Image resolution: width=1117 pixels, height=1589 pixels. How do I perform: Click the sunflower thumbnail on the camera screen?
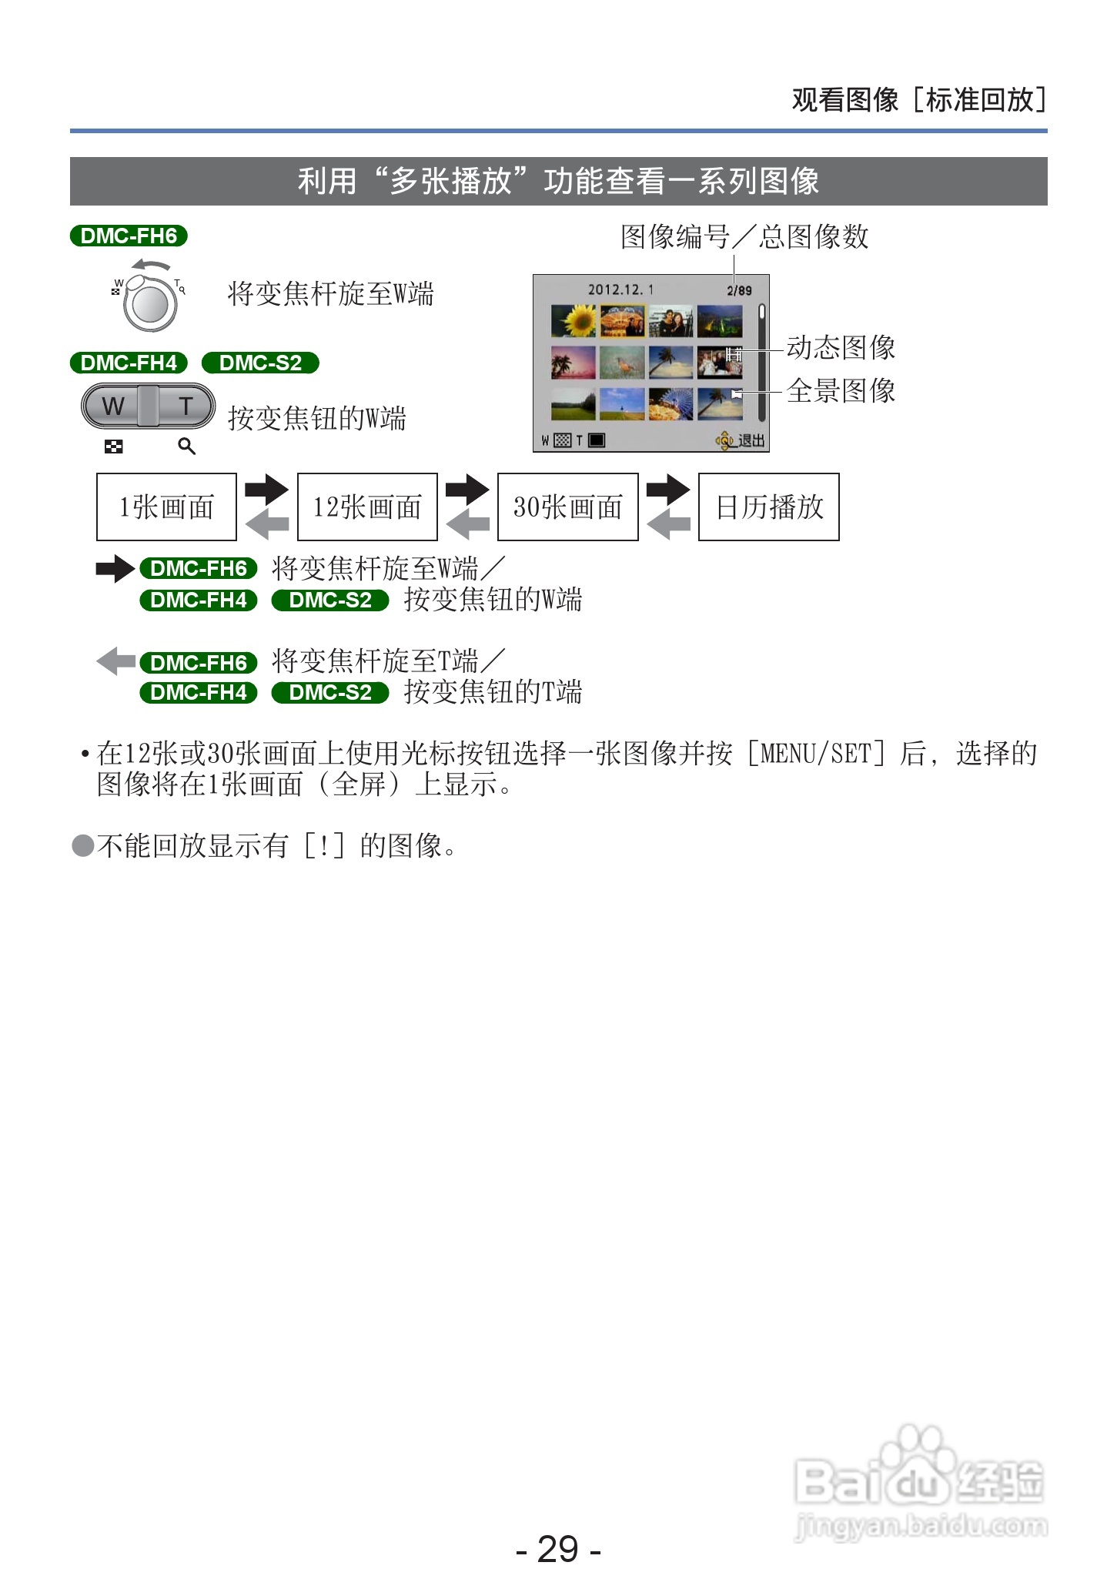pyautogui.click(x=574, y=320)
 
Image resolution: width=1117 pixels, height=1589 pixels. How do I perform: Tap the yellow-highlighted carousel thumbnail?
pyautogui.click(x=622, y=321)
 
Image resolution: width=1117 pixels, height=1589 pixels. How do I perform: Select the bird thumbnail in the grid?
pyautogui.click(x=622, y=362)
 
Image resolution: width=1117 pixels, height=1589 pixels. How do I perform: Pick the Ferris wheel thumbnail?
pyautogui.click(x=671, y=403)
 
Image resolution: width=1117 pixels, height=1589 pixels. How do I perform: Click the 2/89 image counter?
pyautogui.click(x=739, y=290)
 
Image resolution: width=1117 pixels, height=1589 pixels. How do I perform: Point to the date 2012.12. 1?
pyautogui.click(x=620, y=289)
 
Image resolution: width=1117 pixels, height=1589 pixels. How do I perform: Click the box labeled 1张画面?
pyautogui.click(x=166, y=507)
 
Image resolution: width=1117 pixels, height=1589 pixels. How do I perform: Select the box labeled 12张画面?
pyautogui.click(x=367, y=507)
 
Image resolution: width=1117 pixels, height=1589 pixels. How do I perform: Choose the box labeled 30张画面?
pyautogui.click(x=568, y=507)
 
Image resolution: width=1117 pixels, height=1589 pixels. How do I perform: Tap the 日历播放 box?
pyautogui.click(x=769, y=507)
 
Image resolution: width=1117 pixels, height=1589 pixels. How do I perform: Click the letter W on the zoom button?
pyautogui.click(x=113, y=406)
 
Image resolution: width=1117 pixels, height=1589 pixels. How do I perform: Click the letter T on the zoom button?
pyautogui.click(x=186, y=406)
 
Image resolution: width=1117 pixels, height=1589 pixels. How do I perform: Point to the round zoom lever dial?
pyautogui.click(x=150, y=304)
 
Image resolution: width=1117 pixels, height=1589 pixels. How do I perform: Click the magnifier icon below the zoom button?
pyautogui.click(x=186, y=447)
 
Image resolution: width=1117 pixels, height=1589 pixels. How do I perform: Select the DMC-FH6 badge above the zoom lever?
pyautogui.click(x=129, y=236)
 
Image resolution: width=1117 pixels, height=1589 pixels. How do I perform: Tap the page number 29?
pyautogui.click(x=558, y=1549)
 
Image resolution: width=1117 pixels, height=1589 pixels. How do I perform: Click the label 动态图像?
pyautogui.click(x=841, y=348)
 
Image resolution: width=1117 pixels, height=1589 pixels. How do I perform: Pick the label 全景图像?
pyautogui.click(x=841, y=391)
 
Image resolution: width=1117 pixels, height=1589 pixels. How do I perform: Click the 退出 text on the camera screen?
pyautogui.click(x=751, y=441)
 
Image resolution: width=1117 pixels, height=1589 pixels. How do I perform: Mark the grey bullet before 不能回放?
pyautogui.click(x=82, y=846)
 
